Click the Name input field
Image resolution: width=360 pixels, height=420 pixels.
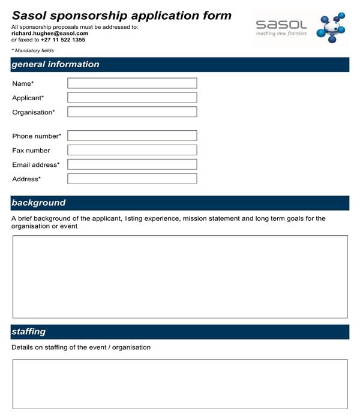[132, 83]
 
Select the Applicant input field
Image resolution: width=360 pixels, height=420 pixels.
[132, 97]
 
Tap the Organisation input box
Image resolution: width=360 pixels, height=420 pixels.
[132, 112]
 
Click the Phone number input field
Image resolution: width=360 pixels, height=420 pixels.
[132, 136]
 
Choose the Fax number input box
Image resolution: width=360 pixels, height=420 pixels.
[132, 150]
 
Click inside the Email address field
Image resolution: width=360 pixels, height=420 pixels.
[132, 164]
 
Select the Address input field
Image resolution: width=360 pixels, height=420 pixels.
[132, 178]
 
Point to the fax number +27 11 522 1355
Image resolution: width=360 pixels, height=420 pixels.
[63, 40]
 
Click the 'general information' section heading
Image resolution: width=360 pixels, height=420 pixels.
[56, 65]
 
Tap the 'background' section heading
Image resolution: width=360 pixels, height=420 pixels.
[38, 203]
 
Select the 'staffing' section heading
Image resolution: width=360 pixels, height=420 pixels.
[29, 332]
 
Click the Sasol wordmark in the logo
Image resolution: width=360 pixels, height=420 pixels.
[281, 25]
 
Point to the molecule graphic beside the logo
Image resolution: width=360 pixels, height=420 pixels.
[331, 28]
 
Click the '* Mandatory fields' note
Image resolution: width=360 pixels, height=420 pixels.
[33, 51]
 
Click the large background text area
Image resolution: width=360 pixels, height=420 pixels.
[180, 277]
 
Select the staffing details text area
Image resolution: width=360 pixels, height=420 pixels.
[180, 384]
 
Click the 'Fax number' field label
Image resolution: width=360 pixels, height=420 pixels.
[31, 151]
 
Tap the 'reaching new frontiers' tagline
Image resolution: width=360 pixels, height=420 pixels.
[281, 34]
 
